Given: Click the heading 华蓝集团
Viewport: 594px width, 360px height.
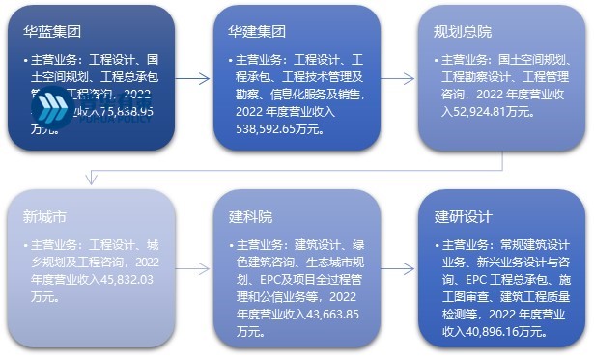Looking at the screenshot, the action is coord(53,31).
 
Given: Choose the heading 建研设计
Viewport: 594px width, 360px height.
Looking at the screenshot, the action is coord(463,215).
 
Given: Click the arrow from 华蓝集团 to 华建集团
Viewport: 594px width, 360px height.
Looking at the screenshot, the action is coord(194,78).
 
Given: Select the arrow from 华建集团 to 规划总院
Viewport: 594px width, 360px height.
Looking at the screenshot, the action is coord(399,78).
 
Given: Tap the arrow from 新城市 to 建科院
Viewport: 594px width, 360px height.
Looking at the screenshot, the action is coord(194,269).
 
